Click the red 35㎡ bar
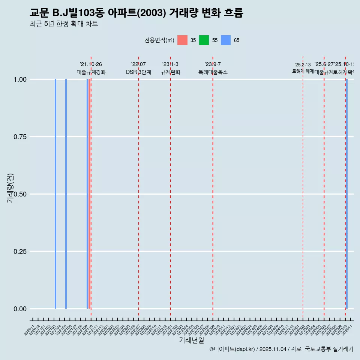(89, 194)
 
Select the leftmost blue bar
(55, 194)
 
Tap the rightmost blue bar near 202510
(347, 194)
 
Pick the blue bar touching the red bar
(87, 194)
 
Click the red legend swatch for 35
(182, 40)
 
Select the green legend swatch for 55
(204, 40)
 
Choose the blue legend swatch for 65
(226, 40)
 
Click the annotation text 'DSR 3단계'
(138, 72)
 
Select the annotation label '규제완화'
(170, 72)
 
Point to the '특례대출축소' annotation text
(213, 72)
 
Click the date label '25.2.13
(303, 65)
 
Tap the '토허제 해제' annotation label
(303, 71)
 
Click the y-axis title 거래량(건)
(10, 188)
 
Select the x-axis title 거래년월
(191, 340)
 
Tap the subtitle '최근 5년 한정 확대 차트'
(64, 24)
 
